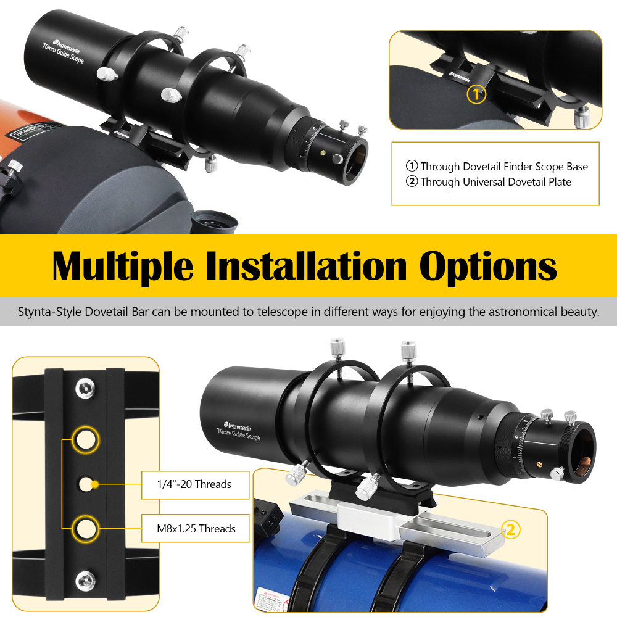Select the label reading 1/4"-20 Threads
pyautogui.click(x=195, y=484)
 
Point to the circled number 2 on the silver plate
pyautogui.click(x=511, y=529)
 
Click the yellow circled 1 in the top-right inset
pyautogui.click(x=476, y=94)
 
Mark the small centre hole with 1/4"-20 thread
pyautogui.click(x=85, y=483)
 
